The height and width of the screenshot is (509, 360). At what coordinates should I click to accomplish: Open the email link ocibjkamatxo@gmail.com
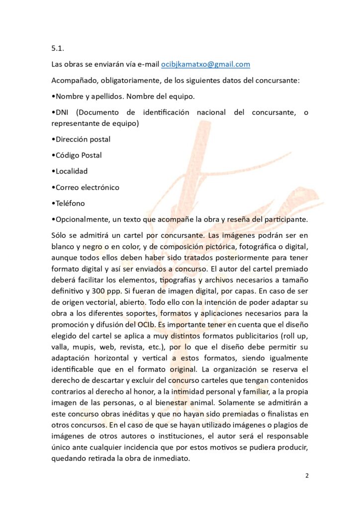pos(205,64)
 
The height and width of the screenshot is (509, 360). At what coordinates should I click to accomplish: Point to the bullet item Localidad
pos(71,171)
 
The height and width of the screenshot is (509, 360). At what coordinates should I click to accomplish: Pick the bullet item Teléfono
pos(70,203)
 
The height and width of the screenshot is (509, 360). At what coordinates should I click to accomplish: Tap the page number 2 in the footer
pos(307,476)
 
